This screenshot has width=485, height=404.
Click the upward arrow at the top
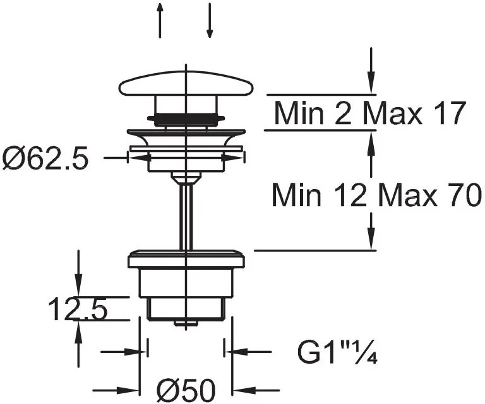160,20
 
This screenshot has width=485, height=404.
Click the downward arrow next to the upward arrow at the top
210,20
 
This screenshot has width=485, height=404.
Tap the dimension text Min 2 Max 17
369,113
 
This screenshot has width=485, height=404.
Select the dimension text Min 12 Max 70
376,195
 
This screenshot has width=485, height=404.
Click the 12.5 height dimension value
78,309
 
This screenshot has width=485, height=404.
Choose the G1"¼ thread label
337,352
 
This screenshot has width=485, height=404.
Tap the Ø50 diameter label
186,390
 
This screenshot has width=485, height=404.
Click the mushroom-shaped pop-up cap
186,84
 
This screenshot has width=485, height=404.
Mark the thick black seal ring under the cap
186,118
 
